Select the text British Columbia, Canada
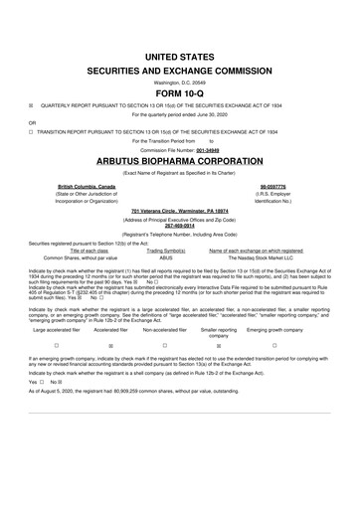click(x=87, y=185)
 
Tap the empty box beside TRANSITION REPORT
click(x=32, y=130)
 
